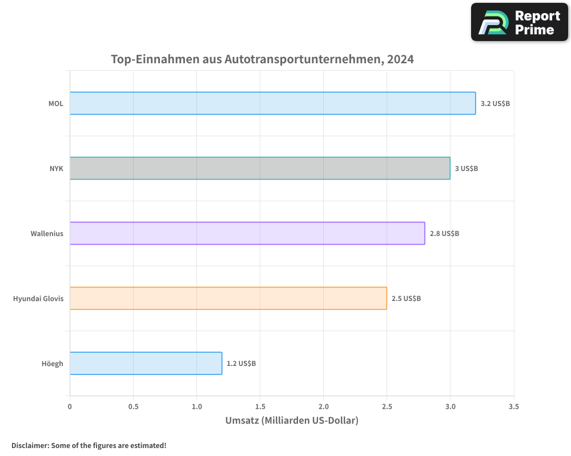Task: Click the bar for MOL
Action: pyautogui.click(x=272, y=103)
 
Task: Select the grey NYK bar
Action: pyautogui.click(x=260, y=168)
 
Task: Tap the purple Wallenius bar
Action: pyautogui.click(x=247, y=233)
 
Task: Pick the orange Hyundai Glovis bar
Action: pyautogui.click(x=228, y=298)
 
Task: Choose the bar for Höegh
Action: pyautogui.click(x=146, y=363)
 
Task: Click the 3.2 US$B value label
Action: pyautogui.click(x=495, y=104)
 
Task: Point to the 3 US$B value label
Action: pyautogui.click(x=466, y=169)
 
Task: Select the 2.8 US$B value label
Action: pyautogui.click(x=444, y=234)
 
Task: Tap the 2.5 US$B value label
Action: pyautogui.click(x=406, y=299)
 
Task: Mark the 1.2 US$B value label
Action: pyautogui.click(x=241, y=364)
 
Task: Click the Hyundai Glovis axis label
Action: pyautogui.click(x=38, y=299)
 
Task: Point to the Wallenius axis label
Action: pyautogui.click(x=47, y=234)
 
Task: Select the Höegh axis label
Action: pyautogui.click(x=52, y=364)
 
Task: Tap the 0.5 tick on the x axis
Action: pyautogui.click(x=133, y=407)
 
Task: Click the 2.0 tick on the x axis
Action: pyautogui.click(x=323, y=407)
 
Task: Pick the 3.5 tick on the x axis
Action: pyautogui.click(x=513, y=407)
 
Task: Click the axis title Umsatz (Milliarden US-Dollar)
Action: pyautogui.click(x=292, y=421)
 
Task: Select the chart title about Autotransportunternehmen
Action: pyautogui.click(x=262, y=59)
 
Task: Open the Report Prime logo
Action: pyautogui.click(x=520, y=22)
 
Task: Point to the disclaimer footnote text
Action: pyautogui.click(x=89, y=445)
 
